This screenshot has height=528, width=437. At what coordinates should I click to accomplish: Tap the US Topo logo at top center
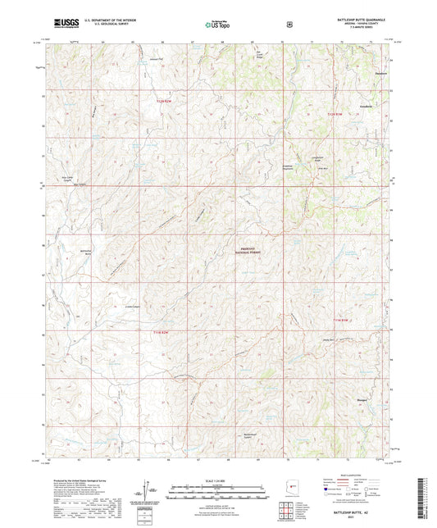pos(217,25)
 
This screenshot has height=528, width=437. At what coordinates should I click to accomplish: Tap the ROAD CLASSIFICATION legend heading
pos(355,483)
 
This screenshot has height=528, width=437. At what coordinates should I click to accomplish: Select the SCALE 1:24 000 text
pos(217,480)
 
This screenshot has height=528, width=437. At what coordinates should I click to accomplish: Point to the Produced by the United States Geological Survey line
pos(78,480)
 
